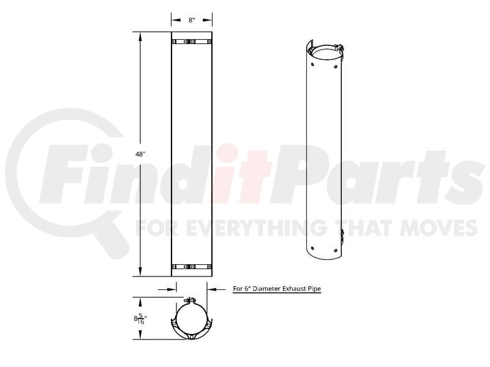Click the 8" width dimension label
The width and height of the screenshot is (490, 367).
[x=192, y=20]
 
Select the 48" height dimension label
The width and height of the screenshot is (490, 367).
[x=140, y=154]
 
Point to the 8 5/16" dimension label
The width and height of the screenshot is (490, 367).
[x=140, y=319]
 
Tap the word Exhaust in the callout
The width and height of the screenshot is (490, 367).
[x=293, y=289]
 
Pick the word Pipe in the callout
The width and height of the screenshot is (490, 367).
[x=314, y=289]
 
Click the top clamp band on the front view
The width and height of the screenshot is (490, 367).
[x=192, y=42]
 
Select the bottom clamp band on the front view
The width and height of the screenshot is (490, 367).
[x=192, y=267]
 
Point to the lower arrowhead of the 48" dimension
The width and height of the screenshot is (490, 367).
[x=140, y=272]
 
